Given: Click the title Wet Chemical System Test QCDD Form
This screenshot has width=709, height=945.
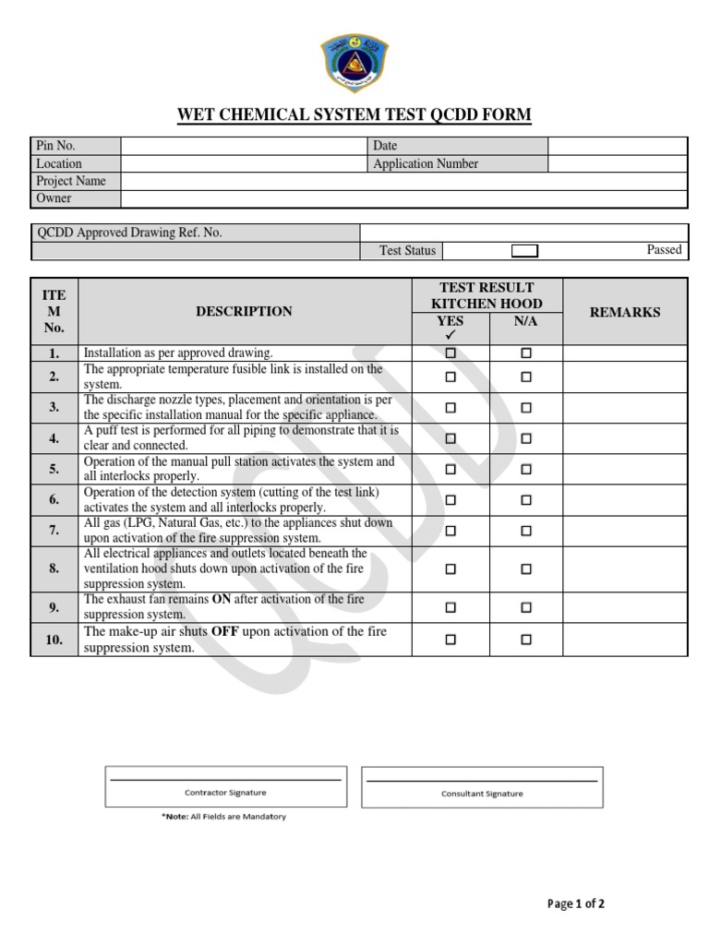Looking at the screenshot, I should pyautogui.click(x=354, y=114).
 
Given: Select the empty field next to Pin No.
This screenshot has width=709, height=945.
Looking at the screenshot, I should pyautogui.click(x=244, y=146).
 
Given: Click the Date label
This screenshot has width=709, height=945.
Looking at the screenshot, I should pyautogui.click(x=385, y=146).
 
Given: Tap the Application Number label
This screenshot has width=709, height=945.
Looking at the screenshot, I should pyautogui.click(x=426, y=163).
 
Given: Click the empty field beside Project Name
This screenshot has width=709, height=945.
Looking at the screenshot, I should pyautogui.click(x=403, y=181).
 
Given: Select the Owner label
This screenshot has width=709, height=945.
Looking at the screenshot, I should pyautogui.click(x=54, y=198).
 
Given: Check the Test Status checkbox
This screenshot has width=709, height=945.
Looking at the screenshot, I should pyautogui.click(x=524, y=251).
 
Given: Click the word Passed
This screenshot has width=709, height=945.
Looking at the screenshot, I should pyautogui.click(x=664, y=249).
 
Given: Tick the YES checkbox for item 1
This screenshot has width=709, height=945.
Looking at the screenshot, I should pyautogui.click(x=451, y=353).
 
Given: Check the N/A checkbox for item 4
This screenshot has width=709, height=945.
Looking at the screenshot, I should pyautogui.click(x=526, y=438).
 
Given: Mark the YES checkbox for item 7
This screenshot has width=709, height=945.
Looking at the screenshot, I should pyautogui.click(x=451, y=531).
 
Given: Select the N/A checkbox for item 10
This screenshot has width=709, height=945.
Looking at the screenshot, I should pyautogui.click(x=526, y=639).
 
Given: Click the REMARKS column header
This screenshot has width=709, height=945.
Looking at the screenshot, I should pyautogui.click(x=625, y=312).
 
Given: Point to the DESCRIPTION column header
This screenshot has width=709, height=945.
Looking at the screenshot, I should pyautogui.click(x=244, y=312).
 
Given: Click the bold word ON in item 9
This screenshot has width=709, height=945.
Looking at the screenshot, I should pyautogui.click(x=222, y=599).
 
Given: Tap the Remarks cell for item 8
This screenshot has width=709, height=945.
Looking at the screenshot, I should pyautogui.click(x=625, y=568).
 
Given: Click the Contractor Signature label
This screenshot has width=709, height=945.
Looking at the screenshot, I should pyautogui.click(x=225, y=792).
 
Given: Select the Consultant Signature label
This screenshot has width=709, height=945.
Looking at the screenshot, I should pyautogui.click(x=482, y=793).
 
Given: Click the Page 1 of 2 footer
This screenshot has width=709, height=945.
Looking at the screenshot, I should pyautogui.click(x=576, y=903).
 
